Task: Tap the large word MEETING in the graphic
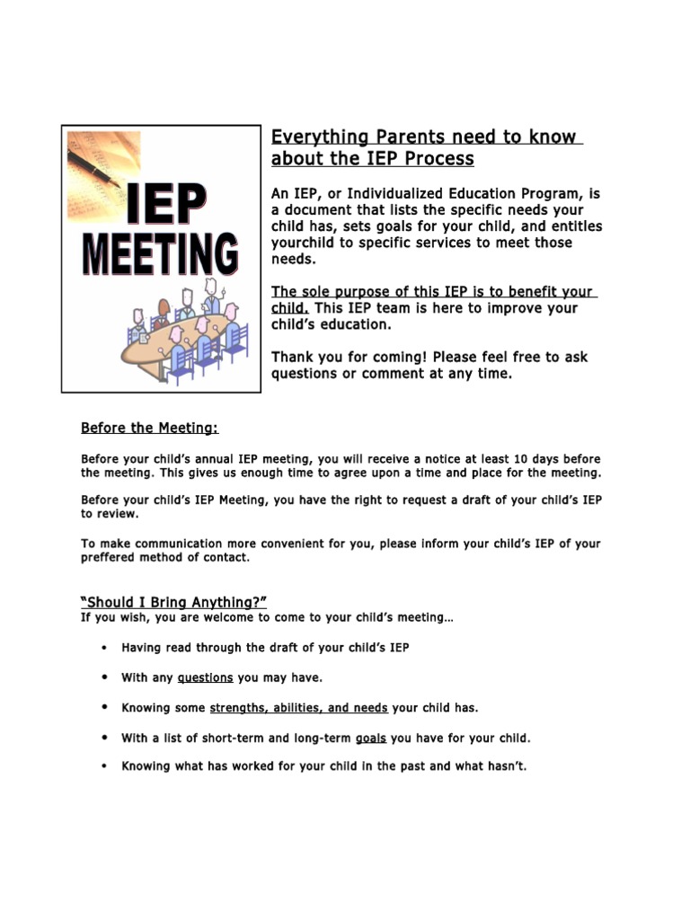162,254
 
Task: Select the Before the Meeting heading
149,428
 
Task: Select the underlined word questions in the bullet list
206,677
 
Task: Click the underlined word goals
371,739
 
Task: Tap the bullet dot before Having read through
105,647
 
